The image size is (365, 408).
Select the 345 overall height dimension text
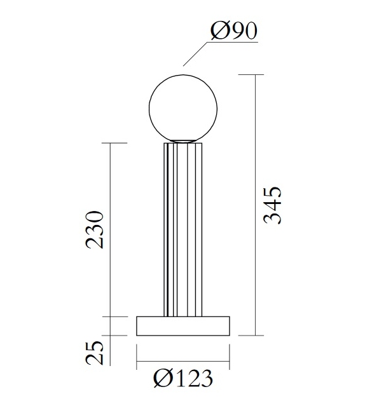[x=272, y=205]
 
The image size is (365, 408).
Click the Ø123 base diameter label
[x=182, y=379]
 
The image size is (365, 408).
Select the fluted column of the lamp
[x=183, y=229]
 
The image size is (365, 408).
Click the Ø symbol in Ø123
[x=163, y=379]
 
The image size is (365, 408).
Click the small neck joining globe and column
[x=183, y=140]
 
